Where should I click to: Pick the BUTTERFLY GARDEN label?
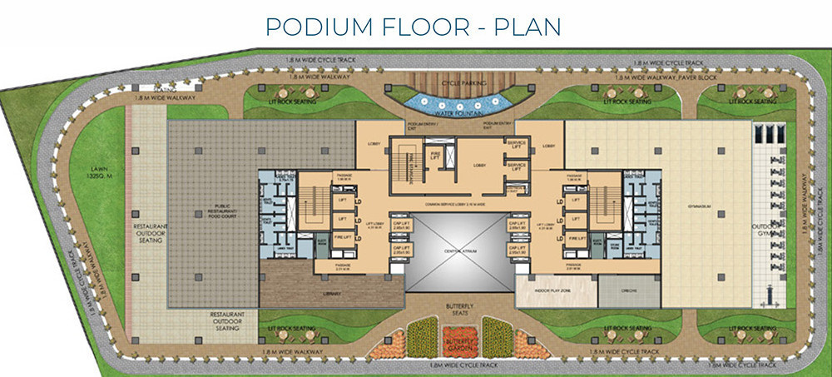tap(458, 342)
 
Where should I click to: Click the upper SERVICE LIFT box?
tap(516, 145)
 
